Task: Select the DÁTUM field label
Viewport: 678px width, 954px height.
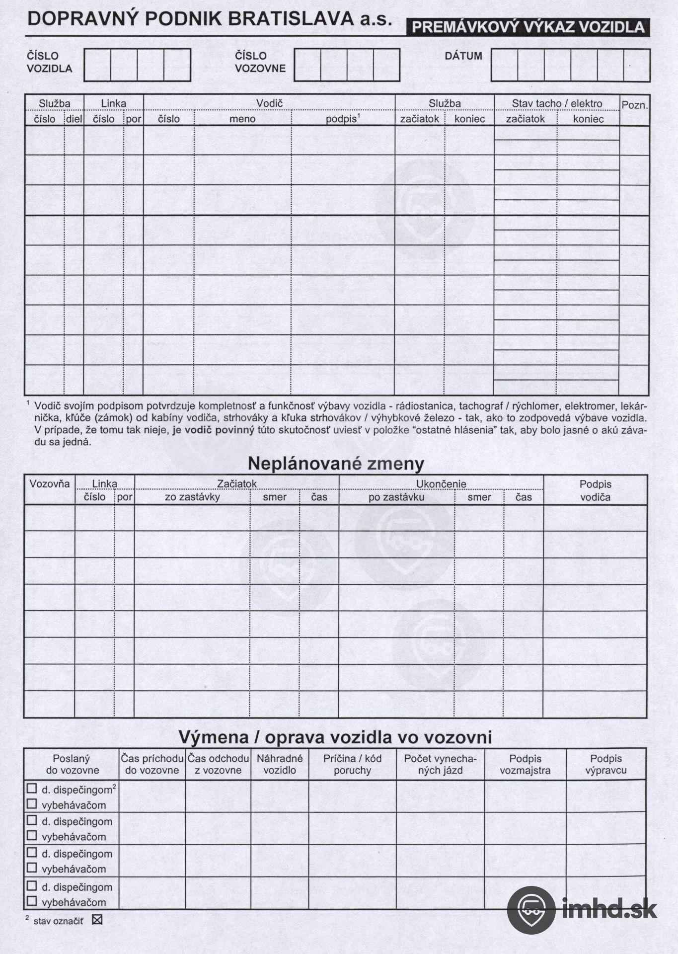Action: coord(463,56)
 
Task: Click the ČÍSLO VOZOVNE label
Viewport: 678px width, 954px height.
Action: coord(260,62)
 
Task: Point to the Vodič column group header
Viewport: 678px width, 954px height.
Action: coord(269,103)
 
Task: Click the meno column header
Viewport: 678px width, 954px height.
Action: coord(242,119)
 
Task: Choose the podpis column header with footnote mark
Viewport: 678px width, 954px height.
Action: coord(342,119)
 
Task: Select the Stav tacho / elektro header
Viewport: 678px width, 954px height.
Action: coord(557,103)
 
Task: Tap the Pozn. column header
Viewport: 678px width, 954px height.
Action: coord(634,105)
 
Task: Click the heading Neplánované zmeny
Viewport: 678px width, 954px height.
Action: coord(336,463)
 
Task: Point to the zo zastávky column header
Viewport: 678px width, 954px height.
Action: coord(192,497)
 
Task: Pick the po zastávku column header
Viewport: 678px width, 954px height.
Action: coord(396,497)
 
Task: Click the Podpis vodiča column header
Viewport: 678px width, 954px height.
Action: coord(595,490)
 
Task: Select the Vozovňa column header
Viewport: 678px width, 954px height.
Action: coord(50,484)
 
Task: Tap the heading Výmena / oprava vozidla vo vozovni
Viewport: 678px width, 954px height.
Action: coord(335,737)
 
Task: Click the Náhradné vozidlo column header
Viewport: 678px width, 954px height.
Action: coord(280,765)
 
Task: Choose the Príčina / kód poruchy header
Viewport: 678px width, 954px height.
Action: coord(352,765)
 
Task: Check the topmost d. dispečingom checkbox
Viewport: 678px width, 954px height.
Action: coord(32,789)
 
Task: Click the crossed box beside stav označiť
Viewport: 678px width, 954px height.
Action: coord(97,920)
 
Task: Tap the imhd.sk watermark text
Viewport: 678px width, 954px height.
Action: coord(610,909)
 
